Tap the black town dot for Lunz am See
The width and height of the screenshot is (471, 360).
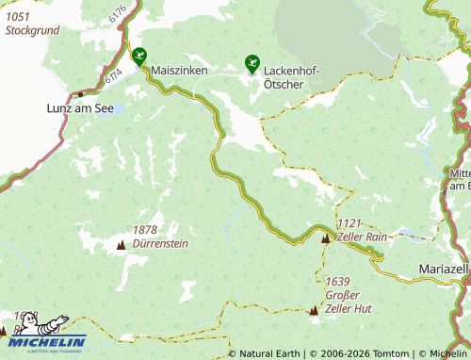click(81, 94)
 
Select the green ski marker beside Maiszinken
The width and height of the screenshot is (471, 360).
click(139, 56)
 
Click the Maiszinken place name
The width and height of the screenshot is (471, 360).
click(180, 71)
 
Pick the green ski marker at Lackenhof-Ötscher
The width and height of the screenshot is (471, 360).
click(252, 63)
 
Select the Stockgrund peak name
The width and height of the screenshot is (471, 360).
click(32, 30)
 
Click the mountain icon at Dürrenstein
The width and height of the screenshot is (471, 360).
click(120, 245)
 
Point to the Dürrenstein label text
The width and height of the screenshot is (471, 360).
click(161, 243)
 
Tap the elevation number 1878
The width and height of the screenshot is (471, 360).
click(145, 230)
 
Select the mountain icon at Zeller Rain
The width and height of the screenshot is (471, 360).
click(326, 238)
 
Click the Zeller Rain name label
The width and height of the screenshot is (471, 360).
click(363, 237)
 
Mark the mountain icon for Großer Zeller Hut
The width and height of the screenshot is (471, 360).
click(314, 309)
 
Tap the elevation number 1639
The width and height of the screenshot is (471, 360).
click(337, 281)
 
